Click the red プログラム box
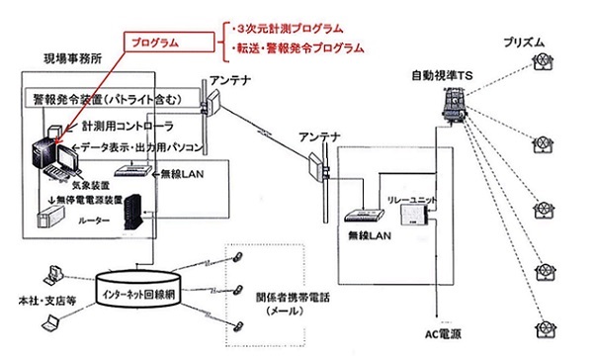click(x=169, y=42)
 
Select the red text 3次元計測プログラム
click(x=290, y=29)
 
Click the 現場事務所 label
click(x=73, y=59)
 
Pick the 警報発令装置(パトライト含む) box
click(x=112, y=99)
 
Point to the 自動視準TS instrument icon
click(x=455, y=105)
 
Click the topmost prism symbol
click(x=543, y=61)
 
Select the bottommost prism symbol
click(x=545, y=328)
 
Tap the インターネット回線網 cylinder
click(x=137, y=289)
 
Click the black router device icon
click(x=132, y=212)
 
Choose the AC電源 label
click(x=443, y=334)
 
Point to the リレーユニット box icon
click(x=415, y=216)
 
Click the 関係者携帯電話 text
click(x=293, y=298)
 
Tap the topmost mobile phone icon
click(x=238, y=257)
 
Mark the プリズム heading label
click(x=524, y=43)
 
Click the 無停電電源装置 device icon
click(x=50, y=220)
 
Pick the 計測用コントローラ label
click(x=127, y=126)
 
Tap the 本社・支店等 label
click(x=46, y=301)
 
